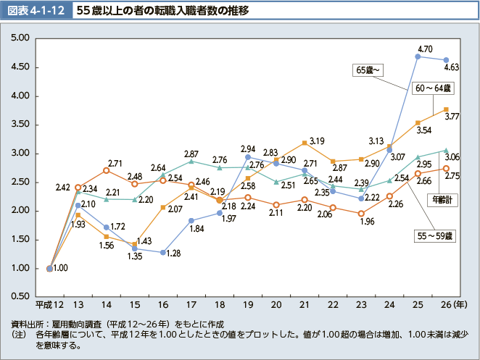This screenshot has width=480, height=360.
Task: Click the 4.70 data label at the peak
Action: (x=426, y=49)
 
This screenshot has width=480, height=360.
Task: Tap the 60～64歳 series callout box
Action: (x=432, y=88)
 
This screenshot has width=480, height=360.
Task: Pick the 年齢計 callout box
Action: (x=442, y=200)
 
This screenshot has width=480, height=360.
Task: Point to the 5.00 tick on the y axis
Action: (x=20, y=38)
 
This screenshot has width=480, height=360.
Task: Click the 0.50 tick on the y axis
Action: (x=20, y=296)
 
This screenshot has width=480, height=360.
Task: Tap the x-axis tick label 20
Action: (x=276, y=304)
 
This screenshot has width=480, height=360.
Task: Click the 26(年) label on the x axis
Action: (x=451, y=304)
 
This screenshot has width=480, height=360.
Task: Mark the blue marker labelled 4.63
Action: (x=446, y=60)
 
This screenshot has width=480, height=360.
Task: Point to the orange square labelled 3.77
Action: (x=446, y=109)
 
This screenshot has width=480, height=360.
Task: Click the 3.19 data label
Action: (x=316, y=141)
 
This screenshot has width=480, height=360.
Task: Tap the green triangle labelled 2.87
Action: (x=191, y=161)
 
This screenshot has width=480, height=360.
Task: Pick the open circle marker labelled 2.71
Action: (x=107, y=170)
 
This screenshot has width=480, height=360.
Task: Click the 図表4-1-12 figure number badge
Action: (x=38, y=12)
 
